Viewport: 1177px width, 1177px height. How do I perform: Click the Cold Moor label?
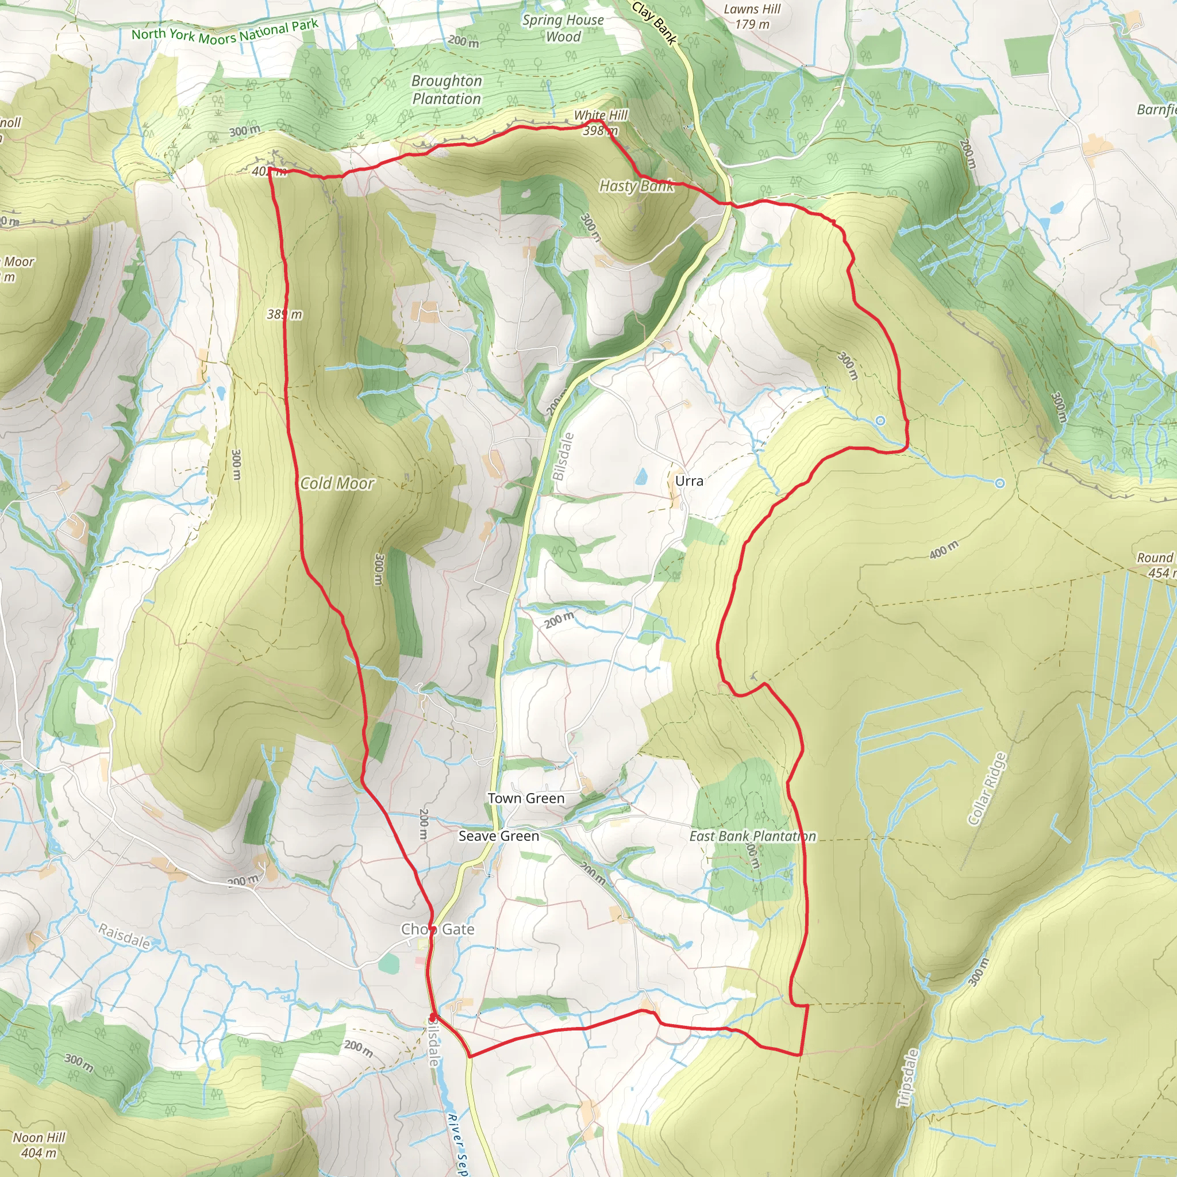pyautogui.click(x=337, y=483)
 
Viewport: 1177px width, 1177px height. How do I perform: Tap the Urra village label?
pyautogui.click(x=689, y=480)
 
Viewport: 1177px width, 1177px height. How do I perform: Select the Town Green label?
pyautogui.click(x=526, y=798)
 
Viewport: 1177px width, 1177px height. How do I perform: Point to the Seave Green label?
pyautogui.click(x=498, y=836)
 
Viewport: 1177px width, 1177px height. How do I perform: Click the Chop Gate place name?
pyautogui.click(x=437, y=929)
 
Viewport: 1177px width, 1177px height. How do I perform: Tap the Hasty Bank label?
pyautogui.click(x=636, y=186)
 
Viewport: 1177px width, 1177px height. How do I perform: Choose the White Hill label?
pyautogui.click(x=601, y=115)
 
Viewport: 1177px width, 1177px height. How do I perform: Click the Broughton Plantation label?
pyautogui.click(x=447, y=90)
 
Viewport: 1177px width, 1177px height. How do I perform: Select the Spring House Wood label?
pyautogui.click(x=563, y=28)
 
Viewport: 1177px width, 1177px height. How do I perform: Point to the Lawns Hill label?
pyautogui.click(x=752, y=9)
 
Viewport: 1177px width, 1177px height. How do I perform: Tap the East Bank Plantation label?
pyautogui.click(x=752, y=836)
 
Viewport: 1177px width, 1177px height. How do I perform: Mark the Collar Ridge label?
pyautogui.click(x=987, y=790)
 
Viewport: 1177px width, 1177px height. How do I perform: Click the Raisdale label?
pyautogui.click(x=124, y=936)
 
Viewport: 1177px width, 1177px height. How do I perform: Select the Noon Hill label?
pyautogui.click(x=39, y=1137)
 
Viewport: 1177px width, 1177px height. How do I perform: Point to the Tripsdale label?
pyautogui.click(x=907, y=1078)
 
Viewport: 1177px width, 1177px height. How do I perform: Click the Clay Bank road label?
pyautogui.click(x=654, y=23)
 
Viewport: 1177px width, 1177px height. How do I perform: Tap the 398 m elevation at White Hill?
pyautogui.click(x=601, y=130)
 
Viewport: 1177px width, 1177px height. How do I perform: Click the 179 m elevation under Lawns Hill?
pyautogui.click(x=752, y=24)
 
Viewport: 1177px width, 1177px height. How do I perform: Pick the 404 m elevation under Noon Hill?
pyautogui.click(x=39, y=1153)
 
